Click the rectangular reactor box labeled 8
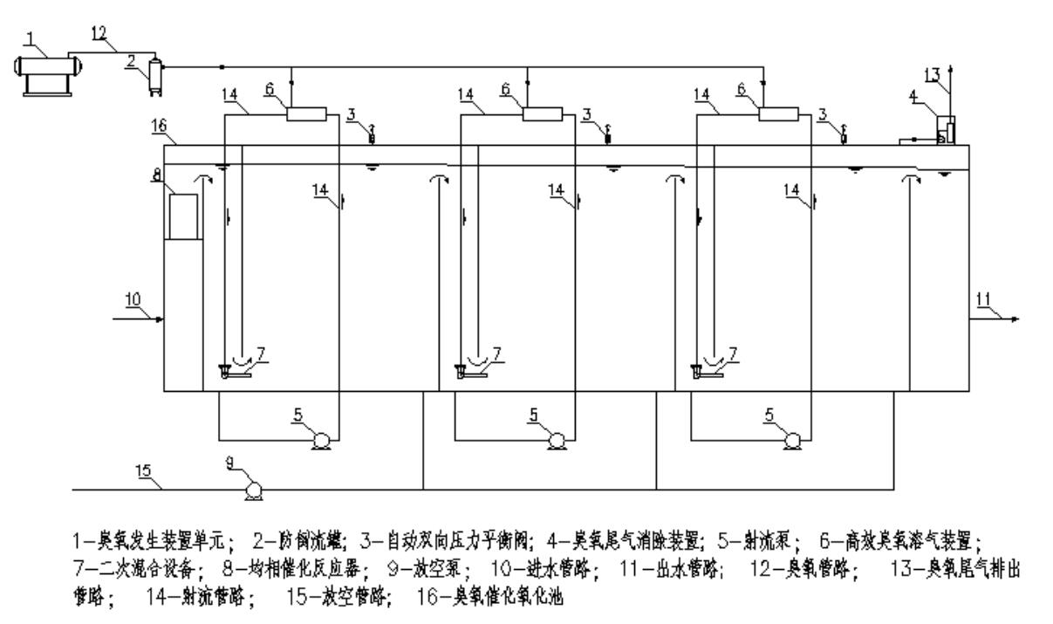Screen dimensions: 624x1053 183,216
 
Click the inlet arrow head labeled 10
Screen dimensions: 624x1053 160,319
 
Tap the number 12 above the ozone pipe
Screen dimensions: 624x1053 102,32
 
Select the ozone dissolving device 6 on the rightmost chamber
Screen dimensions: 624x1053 777,113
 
